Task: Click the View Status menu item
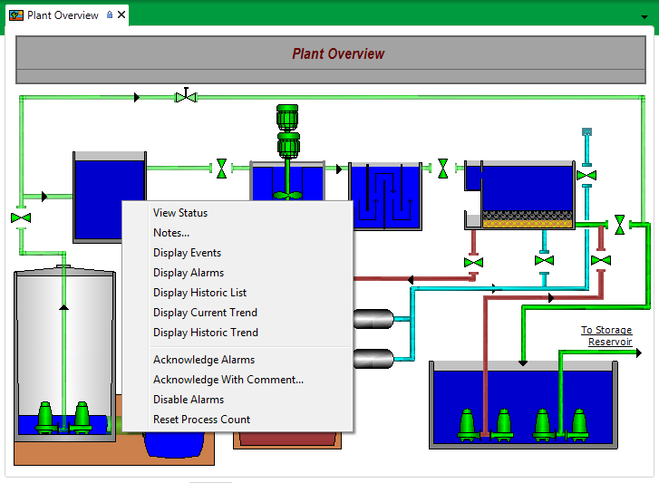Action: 180,213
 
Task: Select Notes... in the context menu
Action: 171,233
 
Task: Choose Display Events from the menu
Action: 187,253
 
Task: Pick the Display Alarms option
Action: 189,273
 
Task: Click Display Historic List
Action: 199,293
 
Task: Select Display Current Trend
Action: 205,313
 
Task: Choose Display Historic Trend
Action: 206,333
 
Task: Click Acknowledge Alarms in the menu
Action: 204,360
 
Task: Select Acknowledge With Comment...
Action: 228,380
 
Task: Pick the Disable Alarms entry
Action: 189,400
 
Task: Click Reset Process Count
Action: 202,420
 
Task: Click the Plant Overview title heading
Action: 338,54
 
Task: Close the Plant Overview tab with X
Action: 121,15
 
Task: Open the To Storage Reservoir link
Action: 606,336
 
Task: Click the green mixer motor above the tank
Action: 287,117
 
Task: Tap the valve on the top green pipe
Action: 186,95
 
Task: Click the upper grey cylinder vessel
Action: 373,319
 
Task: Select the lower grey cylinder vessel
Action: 373,358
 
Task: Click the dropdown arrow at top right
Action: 644,16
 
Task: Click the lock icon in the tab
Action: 110,15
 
